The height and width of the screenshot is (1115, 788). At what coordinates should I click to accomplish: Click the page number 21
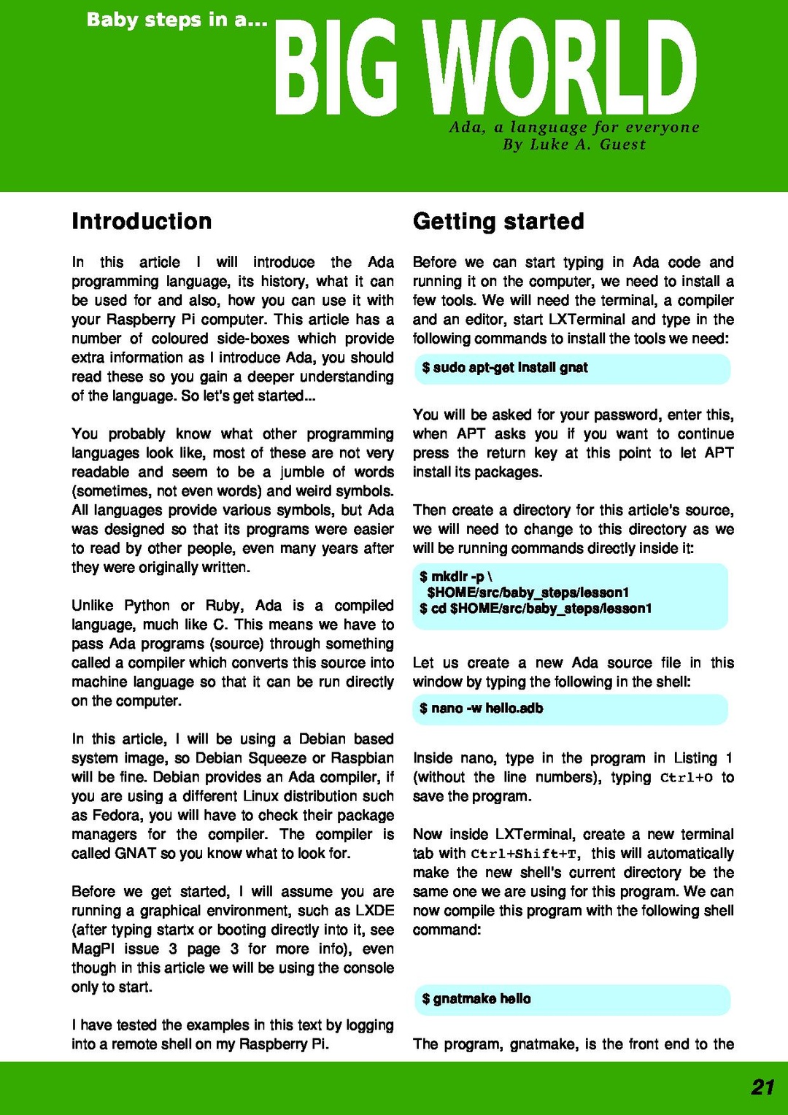point(762,1087)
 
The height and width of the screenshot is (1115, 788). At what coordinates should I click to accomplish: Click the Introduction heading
point(142,221)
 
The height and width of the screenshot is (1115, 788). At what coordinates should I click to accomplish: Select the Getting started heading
point(498,221)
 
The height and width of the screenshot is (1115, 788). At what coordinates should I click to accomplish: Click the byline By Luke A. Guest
point(574,144)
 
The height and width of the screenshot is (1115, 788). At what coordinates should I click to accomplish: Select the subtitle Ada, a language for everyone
point(574,127)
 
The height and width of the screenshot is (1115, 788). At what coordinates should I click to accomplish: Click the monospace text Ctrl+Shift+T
point(525,854)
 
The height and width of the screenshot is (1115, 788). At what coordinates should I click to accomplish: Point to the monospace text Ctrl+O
point(686,778)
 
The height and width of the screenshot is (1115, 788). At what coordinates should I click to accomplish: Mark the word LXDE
point(374,911)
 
